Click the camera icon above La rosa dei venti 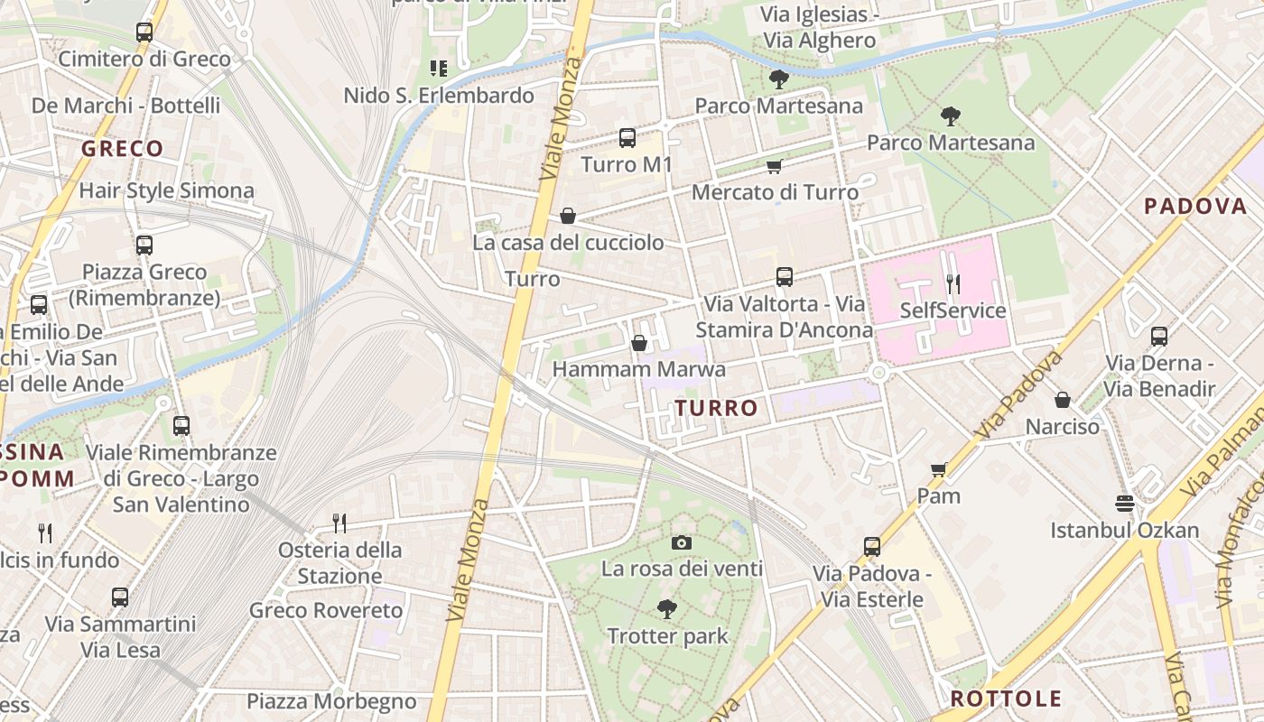coord(682,542)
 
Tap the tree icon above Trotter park coord(667,609)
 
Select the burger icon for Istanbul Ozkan coord(1124,503)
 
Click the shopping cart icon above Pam coord(938,469)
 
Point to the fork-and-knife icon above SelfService coord(953,284)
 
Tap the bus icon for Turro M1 coord(627,138)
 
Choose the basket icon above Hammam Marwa coord(639,343)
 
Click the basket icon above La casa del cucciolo coord(568,216)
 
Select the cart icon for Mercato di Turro coord(774,166)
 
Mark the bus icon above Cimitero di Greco coord(144,32)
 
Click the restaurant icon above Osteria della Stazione coord(339,523)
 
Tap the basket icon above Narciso coord(1063,399)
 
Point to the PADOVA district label coord(1195,206)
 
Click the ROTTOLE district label coord(1006,698)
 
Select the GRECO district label coord(123,148)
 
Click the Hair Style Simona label coord(167,190)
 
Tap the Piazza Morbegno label coord(331,701)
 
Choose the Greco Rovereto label coord(326,610)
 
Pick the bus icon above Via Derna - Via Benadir coord(1159,337)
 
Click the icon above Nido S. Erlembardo coord(439,68)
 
